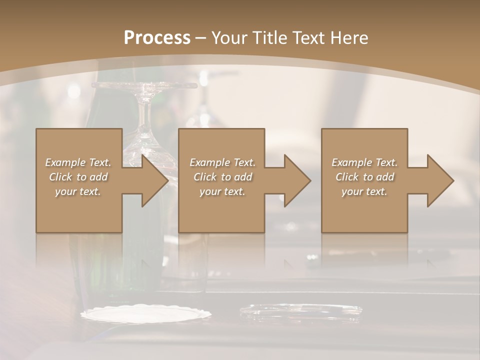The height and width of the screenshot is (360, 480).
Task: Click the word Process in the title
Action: (x=156, y=38)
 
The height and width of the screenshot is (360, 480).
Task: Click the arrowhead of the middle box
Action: (x=297, y=180)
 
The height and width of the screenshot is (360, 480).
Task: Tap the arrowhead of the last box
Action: (x=440, y=180)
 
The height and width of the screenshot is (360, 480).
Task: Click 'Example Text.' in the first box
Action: (x=78, y=162)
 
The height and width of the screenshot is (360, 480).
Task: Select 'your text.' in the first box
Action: (x=78, y=191)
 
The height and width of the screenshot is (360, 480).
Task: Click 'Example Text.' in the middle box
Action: (x=222, y=162)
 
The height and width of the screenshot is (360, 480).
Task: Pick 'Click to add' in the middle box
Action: (x=222, y=177)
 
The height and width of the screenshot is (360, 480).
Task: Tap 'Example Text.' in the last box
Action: (x=364, y=162)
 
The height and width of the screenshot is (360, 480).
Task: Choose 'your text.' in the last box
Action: (x=364, y=191)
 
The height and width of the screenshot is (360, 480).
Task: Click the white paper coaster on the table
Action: (x=145, y=314)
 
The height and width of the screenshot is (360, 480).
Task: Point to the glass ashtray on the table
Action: (x=300, y=311)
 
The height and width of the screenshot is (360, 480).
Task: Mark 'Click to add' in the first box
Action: (x=78, y=177)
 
